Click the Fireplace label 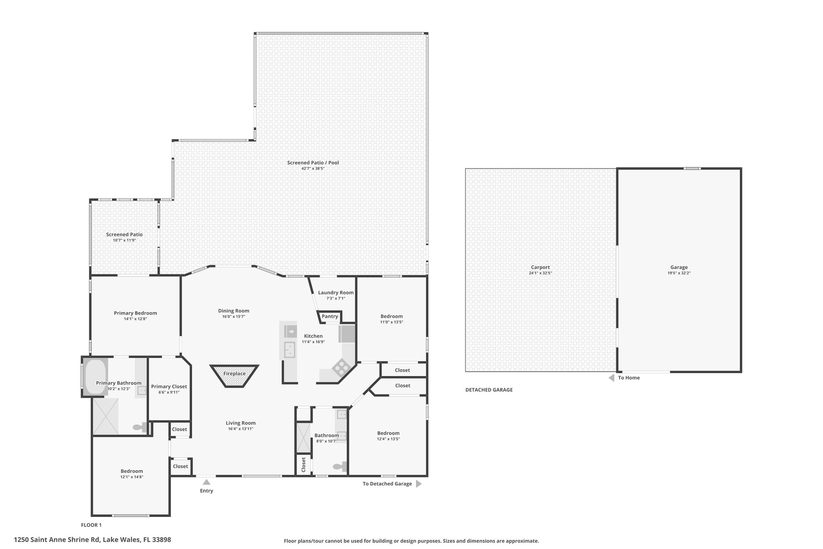coord(234,374)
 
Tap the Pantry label coord(330,317)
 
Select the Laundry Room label coord(336,293)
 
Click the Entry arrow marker coord(207,482)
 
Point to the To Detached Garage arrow coord(418,484)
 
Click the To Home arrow coord(612,378)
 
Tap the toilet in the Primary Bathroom coord(139,428)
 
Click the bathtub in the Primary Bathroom coord(95,376)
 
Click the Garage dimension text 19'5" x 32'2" coord(679,273)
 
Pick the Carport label coord(540,267)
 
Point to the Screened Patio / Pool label coord(313,163)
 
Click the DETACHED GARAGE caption coord(489,390)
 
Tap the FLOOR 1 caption coord(91,525)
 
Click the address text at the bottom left coord(92,540)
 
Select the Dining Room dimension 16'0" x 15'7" coord(233,317)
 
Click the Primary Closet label coord(169,387)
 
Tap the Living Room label coord(241,423)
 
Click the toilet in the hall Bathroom coord(340,467)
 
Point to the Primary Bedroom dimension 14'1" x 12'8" coord(135,319)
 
